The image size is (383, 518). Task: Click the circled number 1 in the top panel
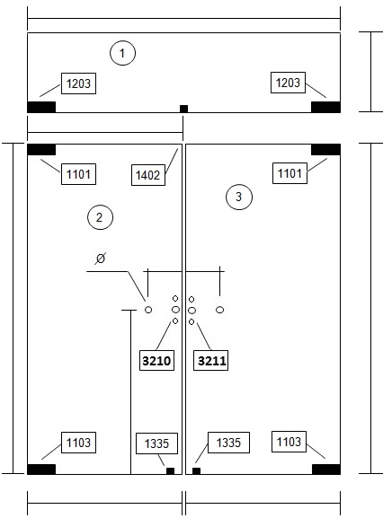pos(122,53)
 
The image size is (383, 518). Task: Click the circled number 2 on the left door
pos(100,217)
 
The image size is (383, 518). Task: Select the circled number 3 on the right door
pos(239,197)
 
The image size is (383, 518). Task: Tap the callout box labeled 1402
pos(148,175)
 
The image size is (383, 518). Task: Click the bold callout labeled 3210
pos(156,360)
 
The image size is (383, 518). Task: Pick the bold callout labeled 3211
pos(210,360)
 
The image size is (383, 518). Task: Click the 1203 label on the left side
pos(79,83)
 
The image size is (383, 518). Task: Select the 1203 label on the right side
pos(288,83)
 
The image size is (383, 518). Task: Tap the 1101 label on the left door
pos(79,174)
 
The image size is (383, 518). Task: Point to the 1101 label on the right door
pos(289,173)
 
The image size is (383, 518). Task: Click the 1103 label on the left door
pos(79,443)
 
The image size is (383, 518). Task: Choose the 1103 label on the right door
pos(289,442)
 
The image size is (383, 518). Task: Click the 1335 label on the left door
pos(156,443)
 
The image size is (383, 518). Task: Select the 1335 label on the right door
pos(228,443)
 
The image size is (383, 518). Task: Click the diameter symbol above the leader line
pos(100,258)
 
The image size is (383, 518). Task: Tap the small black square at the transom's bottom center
pos(183,109)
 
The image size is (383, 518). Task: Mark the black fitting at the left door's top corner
pos(41,150)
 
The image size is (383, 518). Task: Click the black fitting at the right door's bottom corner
pos(326,470)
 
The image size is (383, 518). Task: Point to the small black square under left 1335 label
pos(170,471)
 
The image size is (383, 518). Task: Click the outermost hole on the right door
pos(220,310)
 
